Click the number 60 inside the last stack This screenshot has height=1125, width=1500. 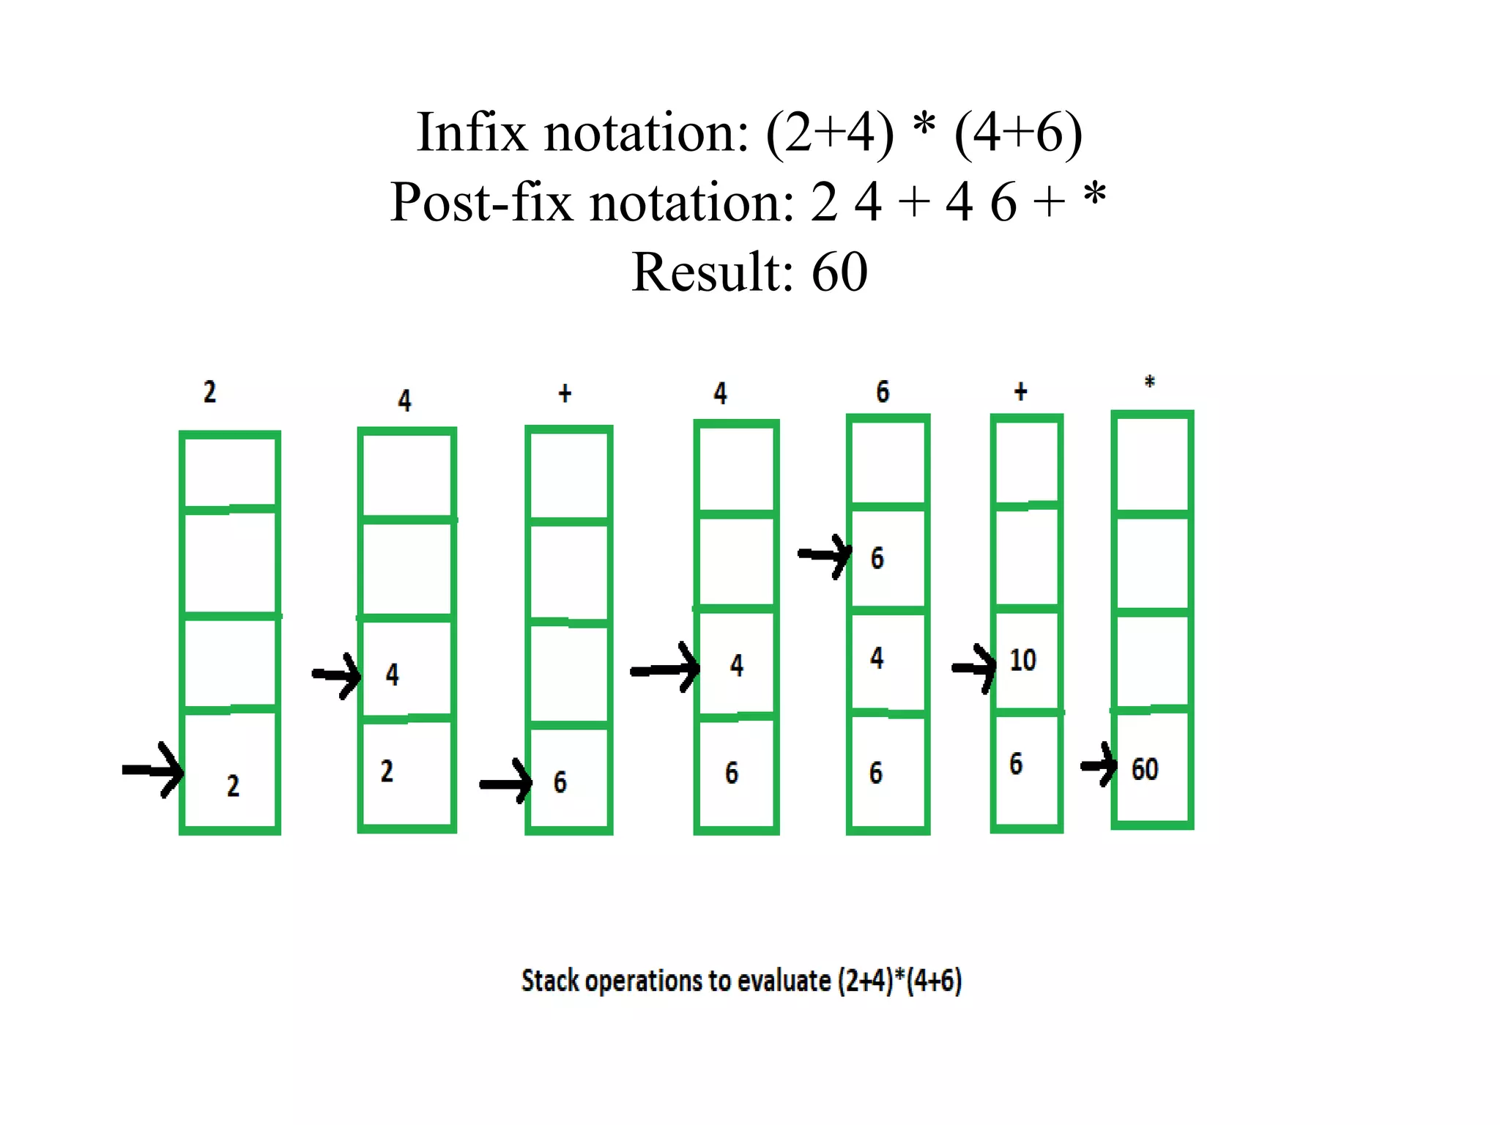click(1144, 769)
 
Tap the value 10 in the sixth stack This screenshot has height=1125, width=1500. click(1022, 660)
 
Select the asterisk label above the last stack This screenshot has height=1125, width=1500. click(1149, 382)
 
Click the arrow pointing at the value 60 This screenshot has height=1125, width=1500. click(1099, 765)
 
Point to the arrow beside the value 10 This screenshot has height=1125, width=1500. click(974, 667)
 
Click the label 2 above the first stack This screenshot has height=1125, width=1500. click(209, 392)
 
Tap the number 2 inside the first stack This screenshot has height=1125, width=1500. click(233, 786)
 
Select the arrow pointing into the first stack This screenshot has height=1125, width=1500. click(153, 770)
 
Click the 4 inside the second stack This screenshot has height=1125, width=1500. click(393, 675)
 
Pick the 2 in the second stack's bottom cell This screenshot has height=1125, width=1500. click(387, 771)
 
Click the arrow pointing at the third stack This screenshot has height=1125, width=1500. click(506, 783)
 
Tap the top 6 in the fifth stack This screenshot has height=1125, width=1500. click(877, 559)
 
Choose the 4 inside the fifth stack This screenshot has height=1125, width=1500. click(877, 658)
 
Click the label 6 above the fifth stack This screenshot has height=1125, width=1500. click(883, 392)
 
